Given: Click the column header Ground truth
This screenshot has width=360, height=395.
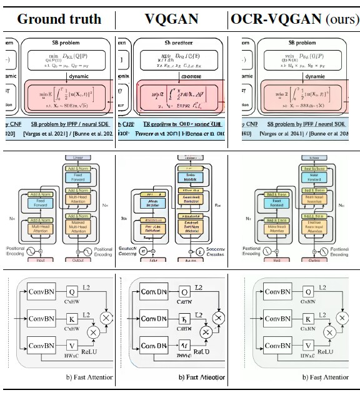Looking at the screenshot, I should point(59,18).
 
